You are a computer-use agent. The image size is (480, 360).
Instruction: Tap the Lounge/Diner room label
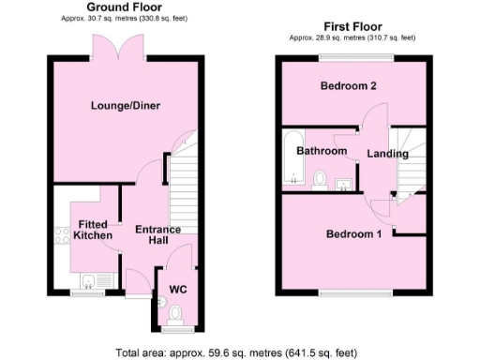point(127,106)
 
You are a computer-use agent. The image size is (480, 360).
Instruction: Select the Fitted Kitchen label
point(94,230)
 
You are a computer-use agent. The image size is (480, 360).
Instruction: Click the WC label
point(177,290)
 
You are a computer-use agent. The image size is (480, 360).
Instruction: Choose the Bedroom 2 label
point(349,86)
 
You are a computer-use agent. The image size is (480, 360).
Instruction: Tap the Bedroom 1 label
point(353,233)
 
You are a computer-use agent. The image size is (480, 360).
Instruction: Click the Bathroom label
point(322,151)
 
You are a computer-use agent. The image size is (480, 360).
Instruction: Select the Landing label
point(386,153)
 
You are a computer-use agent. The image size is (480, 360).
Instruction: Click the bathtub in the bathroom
point(287,161)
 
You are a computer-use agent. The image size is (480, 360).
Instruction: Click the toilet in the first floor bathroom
point(320,177)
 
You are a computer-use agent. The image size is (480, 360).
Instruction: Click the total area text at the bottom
point(236,352)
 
